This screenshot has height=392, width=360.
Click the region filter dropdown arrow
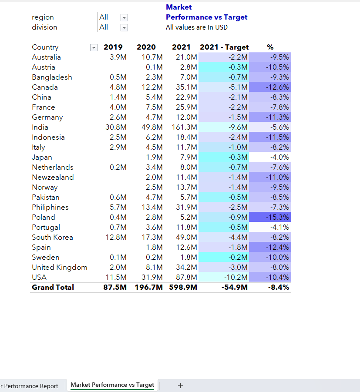pos(124,17)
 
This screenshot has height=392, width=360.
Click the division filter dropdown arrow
pos(124,27)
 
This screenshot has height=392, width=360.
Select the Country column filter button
pos(93,47)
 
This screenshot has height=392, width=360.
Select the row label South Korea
pos(52,237)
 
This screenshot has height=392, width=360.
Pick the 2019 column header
pos(113,47)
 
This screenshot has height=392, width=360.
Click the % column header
pos(270,47)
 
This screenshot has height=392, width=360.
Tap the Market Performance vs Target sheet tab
pos(112,385)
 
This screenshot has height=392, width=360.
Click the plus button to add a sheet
pos(180,385)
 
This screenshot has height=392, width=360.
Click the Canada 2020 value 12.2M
pos(152,87)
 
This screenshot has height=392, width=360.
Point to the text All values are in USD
pos(196,27)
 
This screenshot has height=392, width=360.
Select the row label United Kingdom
pos(59,267)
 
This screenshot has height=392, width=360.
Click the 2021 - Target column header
pos(224,47)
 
